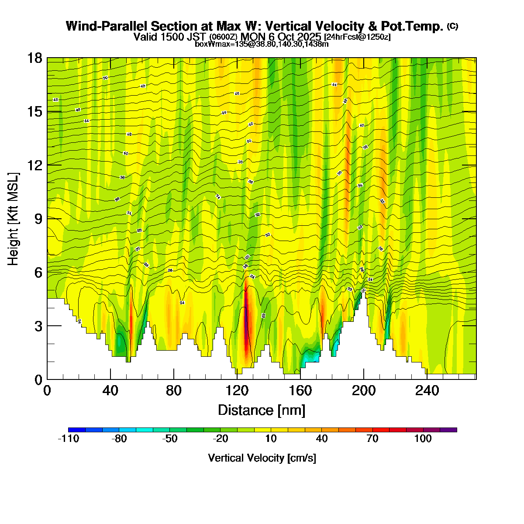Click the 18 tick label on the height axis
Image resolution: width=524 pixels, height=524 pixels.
35,58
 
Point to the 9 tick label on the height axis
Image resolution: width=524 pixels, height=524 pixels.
38,219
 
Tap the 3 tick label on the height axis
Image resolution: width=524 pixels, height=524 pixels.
38,326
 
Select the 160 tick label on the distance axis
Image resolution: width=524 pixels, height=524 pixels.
300,391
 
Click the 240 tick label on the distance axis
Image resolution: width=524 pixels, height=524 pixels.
427,391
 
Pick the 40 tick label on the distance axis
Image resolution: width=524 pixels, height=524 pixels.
110,391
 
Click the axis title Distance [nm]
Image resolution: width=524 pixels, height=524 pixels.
261,410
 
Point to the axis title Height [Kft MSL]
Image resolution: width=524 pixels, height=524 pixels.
14,219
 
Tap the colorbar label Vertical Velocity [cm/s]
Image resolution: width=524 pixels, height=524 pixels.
262,458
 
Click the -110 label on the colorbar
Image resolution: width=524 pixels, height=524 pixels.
69,439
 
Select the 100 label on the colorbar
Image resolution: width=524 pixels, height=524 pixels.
423,439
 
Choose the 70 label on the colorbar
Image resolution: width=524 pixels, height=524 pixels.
372,439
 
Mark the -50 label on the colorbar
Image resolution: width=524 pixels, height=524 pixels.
170,439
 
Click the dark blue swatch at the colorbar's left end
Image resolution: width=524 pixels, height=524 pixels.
77,430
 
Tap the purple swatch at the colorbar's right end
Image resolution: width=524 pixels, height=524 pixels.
448,430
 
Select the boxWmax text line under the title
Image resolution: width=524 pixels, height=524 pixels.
262,44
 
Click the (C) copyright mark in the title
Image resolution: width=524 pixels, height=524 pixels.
452,26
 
